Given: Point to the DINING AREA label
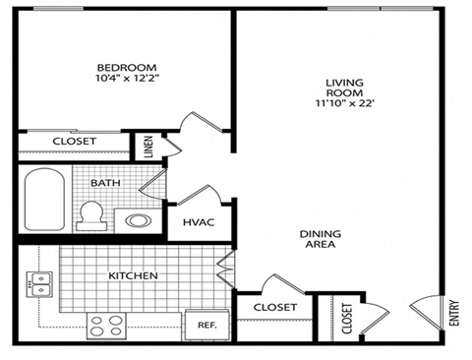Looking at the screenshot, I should (x=321, y=238).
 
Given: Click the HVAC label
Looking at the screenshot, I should (x=199, y=222).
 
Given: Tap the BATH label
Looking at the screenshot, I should (x=106, y=183).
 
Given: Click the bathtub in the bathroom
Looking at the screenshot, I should (x=45, y=201).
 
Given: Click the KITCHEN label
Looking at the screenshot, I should (x=133, y=275).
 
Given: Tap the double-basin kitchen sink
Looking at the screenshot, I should (x=38, y=284).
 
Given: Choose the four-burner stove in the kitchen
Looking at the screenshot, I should (x=105, y=322).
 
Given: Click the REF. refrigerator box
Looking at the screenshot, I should (x=207, y=324).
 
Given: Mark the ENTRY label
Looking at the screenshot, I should (x=453, y=314).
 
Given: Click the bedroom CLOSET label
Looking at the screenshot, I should (x=74, y=142).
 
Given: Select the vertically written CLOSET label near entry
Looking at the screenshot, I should (x=346, y=318).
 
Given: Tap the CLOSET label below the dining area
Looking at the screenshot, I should (x=274, y=307).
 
